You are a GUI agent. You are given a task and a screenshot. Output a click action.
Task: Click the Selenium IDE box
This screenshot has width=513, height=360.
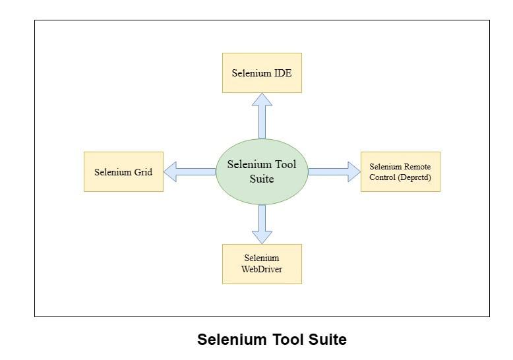(x=262, y=73)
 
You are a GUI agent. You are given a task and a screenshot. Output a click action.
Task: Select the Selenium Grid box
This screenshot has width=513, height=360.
(x=123, y=172)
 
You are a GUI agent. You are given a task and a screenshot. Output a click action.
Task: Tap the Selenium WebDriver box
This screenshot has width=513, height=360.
(x=262, y=264)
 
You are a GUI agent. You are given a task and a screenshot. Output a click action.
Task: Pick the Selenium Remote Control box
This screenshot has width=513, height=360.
(x=400, y=172)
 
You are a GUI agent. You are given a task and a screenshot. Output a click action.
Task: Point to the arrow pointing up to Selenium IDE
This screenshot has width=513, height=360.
(x=262, y=115)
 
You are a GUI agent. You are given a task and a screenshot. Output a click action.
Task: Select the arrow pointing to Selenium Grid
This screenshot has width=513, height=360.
(x=189, y=172)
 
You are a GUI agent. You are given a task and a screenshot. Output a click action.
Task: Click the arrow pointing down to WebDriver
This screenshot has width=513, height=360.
(x=262, y=224)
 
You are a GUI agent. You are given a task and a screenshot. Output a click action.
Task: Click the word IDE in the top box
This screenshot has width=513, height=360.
(x=283, y=73)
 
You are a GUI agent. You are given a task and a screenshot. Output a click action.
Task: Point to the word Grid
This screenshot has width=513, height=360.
(x=142, y=173)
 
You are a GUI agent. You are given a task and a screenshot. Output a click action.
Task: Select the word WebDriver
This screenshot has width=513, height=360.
(x=262, y=269)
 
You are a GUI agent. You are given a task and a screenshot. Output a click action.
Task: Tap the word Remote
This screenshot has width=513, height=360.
(x=417, y=167)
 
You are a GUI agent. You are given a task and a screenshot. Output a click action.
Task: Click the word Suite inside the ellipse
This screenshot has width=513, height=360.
(x=262, y=179)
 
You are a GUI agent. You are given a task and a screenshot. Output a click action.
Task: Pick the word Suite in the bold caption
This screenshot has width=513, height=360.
(x=326, y=340)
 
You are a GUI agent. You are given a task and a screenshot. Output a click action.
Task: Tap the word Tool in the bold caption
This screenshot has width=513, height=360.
(x=284, y=340)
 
